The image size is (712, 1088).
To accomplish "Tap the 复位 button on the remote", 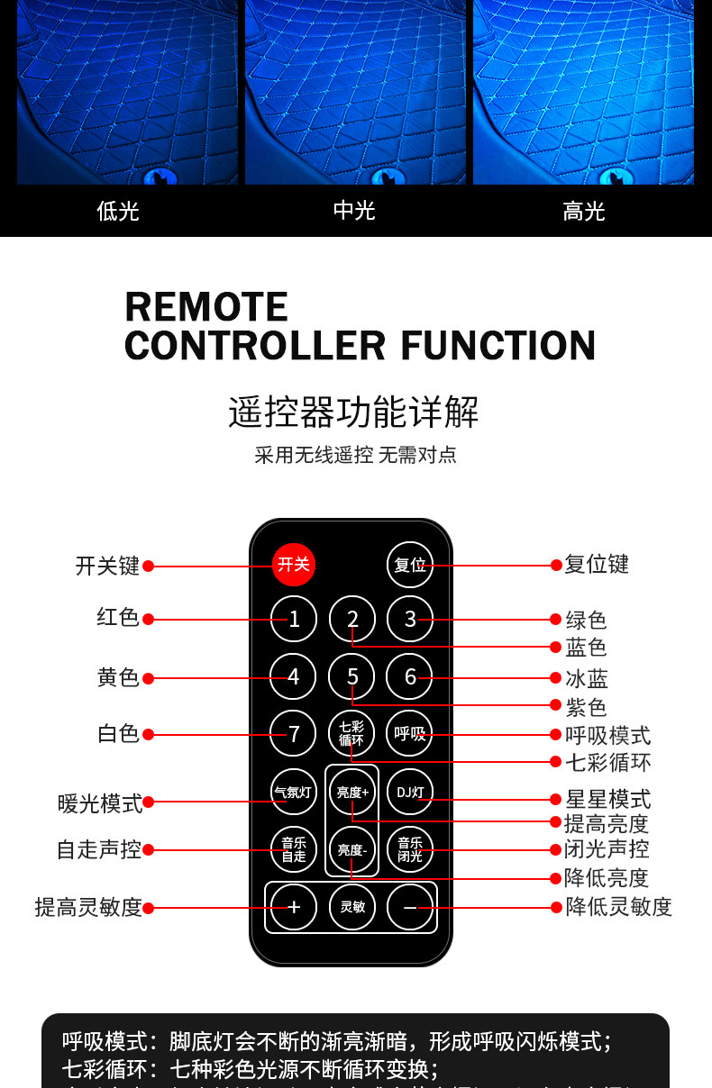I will coord(410,566).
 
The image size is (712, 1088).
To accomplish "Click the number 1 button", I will coord(294,619).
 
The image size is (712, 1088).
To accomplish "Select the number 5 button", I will coord(352,676).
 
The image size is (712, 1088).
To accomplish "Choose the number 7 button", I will coord(294,734).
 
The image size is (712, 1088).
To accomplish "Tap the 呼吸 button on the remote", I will coord(410,733).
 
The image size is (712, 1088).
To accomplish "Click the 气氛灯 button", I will coord(294,793).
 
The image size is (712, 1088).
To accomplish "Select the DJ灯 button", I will coord(410,793).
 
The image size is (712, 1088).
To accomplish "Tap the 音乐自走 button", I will coord(294,849).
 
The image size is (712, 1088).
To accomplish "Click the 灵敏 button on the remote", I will coord(352,907).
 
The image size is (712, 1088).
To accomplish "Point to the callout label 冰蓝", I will coord(587,679).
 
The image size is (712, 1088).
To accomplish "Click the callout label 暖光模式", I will coord(100,802).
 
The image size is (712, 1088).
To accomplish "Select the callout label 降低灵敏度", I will coord(619,907).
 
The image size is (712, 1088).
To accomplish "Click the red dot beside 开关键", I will coord(149,567).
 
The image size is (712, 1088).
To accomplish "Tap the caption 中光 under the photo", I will coord(354,210).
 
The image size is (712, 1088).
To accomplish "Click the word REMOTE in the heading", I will coord(206,307).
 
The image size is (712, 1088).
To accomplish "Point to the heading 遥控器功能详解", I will coord(353,412).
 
